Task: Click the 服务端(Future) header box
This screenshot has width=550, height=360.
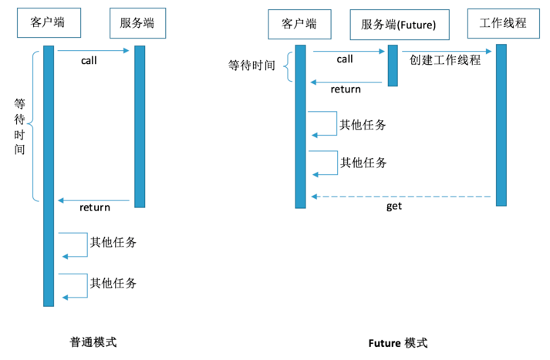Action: (x=400, y=25)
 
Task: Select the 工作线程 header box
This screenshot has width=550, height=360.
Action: (x=504, y=23)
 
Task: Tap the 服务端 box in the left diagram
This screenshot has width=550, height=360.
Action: (x=137, y=23)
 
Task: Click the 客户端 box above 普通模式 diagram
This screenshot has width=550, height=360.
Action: (x=49, y=23)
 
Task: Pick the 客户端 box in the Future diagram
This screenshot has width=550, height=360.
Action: (x=299, y=24)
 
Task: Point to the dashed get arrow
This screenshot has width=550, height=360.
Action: (x=401, y=197)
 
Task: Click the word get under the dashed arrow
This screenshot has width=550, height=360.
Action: (x=394, y=206)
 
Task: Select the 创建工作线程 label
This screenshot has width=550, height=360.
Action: (x=445, y=60)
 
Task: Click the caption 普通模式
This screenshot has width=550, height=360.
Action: (x=93, y=341)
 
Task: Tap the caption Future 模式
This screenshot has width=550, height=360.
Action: (x=398, y=343)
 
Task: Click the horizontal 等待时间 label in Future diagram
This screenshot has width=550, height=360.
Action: (x=251, y=66)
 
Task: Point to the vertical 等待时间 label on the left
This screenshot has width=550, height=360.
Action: (x=19, y=126)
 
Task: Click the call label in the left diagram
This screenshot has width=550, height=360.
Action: (x=89, y=61)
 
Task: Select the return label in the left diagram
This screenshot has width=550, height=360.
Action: (x=95, y=207)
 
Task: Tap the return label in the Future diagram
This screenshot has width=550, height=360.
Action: (x=346, y=89)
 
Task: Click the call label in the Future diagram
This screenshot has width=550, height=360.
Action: (x=345, y=59)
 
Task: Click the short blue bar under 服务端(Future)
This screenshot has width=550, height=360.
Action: (x=393, y=66)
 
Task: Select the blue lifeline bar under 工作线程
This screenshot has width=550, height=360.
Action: (x=501, y=125)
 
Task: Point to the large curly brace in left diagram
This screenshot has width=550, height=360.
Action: (x=34, y=126)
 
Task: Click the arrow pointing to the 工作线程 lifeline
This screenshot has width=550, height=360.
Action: (x=447, y=52)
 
